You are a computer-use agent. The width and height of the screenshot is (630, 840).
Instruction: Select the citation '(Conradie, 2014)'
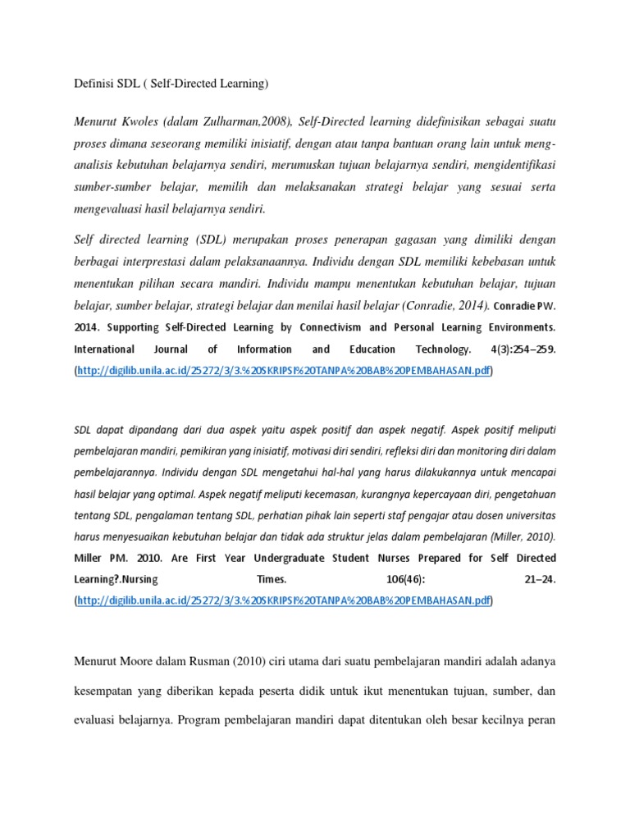click(x=445, y=305)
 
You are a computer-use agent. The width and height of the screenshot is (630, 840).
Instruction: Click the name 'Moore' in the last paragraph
click(x=152, y=661)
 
